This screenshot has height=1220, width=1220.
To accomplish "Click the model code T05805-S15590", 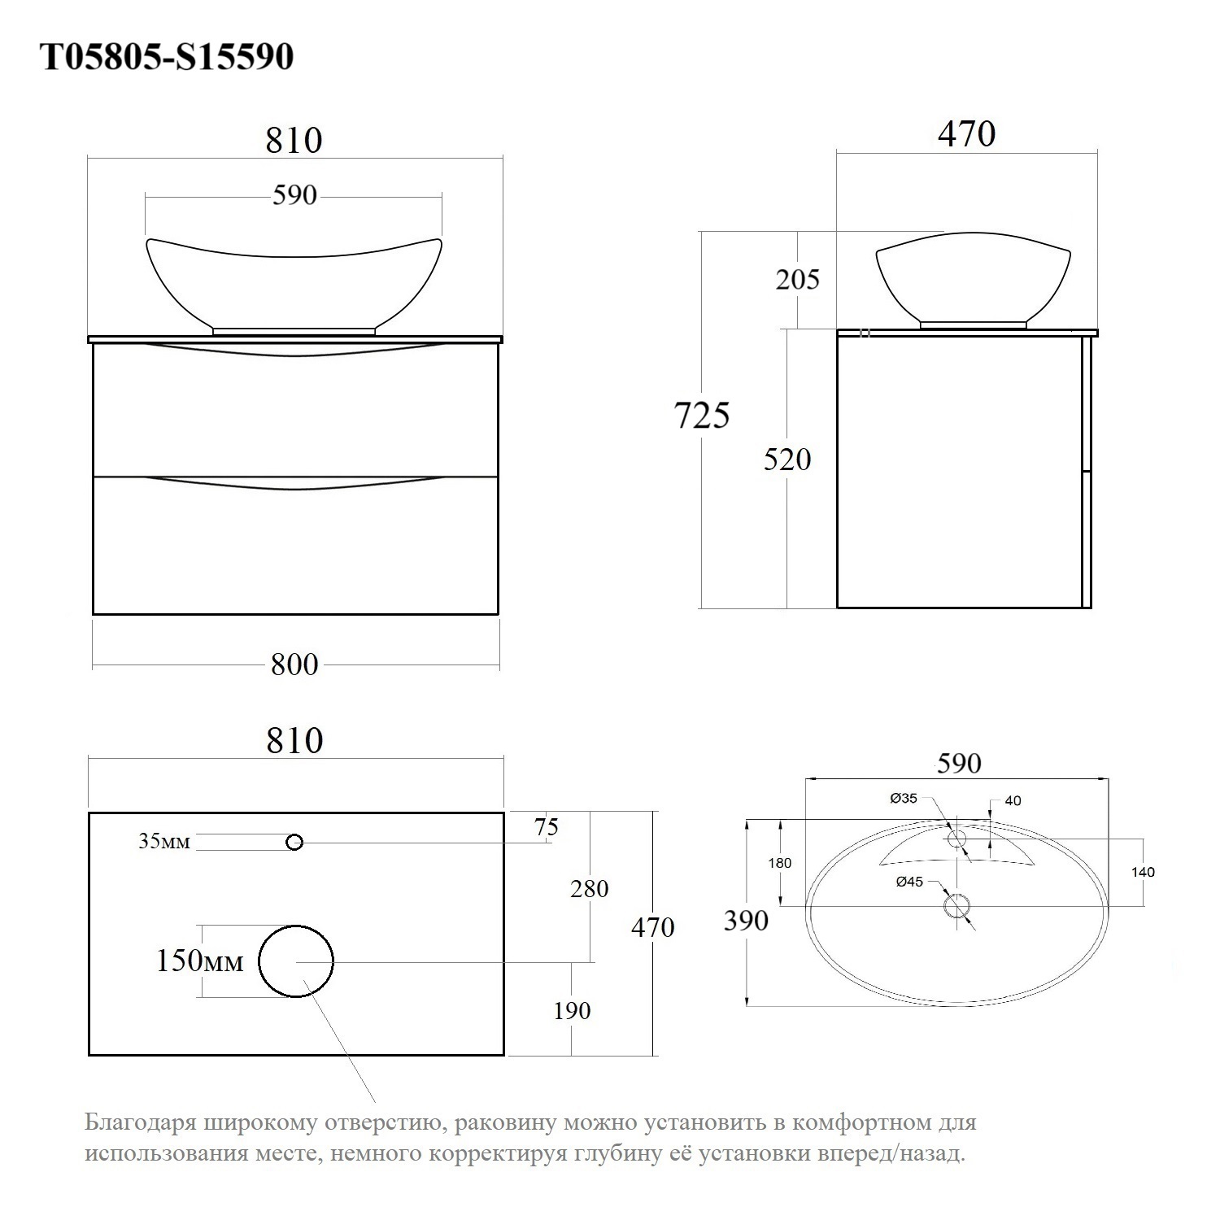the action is (167, 57).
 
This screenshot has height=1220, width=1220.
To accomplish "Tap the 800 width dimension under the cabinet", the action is (294, 664).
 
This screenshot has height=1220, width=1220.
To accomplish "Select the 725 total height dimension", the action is (703, 416).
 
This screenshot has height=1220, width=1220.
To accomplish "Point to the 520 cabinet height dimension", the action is (787, 460).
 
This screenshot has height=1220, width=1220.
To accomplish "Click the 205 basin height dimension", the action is (797, 279).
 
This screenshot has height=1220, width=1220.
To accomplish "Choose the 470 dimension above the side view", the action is (967, 133).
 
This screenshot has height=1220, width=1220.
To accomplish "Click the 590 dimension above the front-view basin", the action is (294, 195).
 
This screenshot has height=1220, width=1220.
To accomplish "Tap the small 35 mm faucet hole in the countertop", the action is (294, 843).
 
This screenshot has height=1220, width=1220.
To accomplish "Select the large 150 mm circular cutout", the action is (296, 961).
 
